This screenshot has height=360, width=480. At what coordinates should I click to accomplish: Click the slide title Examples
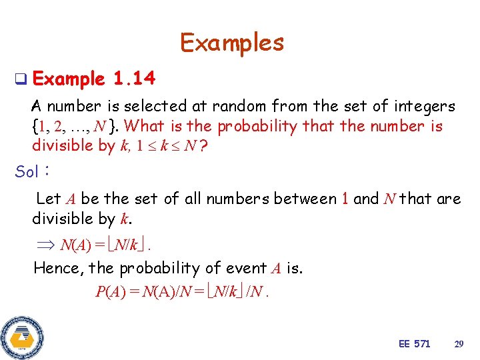pos(232,43)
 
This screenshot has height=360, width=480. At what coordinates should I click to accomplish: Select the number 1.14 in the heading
pos(134,80)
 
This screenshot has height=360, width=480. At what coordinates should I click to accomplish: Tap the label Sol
pos(27,171)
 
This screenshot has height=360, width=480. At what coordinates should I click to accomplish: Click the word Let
pos(48,199)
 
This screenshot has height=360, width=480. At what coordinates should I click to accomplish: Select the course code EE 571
pos(414,344)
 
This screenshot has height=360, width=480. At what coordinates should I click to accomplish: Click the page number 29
pos(458,344)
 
